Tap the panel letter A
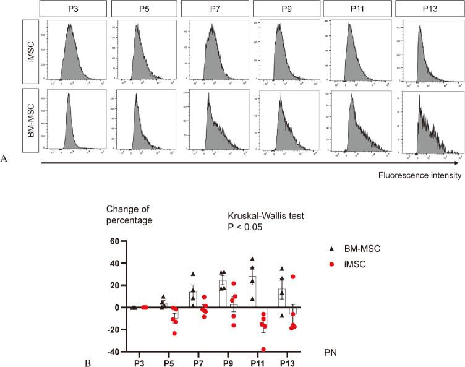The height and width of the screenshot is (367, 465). (5, 159)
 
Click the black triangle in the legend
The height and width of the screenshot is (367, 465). (331, 248)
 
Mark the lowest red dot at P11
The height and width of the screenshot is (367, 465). (264, 349)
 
